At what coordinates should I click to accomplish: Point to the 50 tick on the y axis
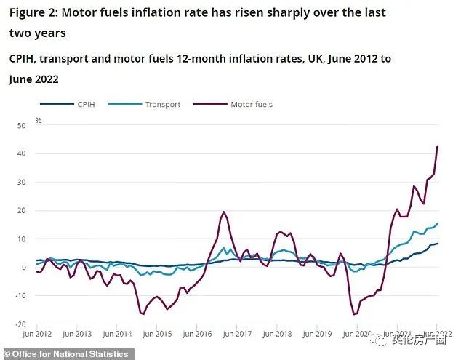(21, 126)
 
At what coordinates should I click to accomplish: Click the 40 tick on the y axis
(21, 154)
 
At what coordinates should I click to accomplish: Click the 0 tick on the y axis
(23, 268)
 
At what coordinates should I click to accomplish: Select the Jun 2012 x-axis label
(36, 334)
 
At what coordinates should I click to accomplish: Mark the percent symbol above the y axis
(39, 120)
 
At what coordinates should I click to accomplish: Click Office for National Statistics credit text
(57, 353)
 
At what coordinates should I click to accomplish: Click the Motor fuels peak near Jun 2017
(223, 212)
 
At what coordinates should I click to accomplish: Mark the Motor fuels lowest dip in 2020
(355, 314)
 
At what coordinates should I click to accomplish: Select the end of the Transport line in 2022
(438, 223)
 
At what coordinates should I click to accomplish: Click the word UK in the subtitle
(295, 59)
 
